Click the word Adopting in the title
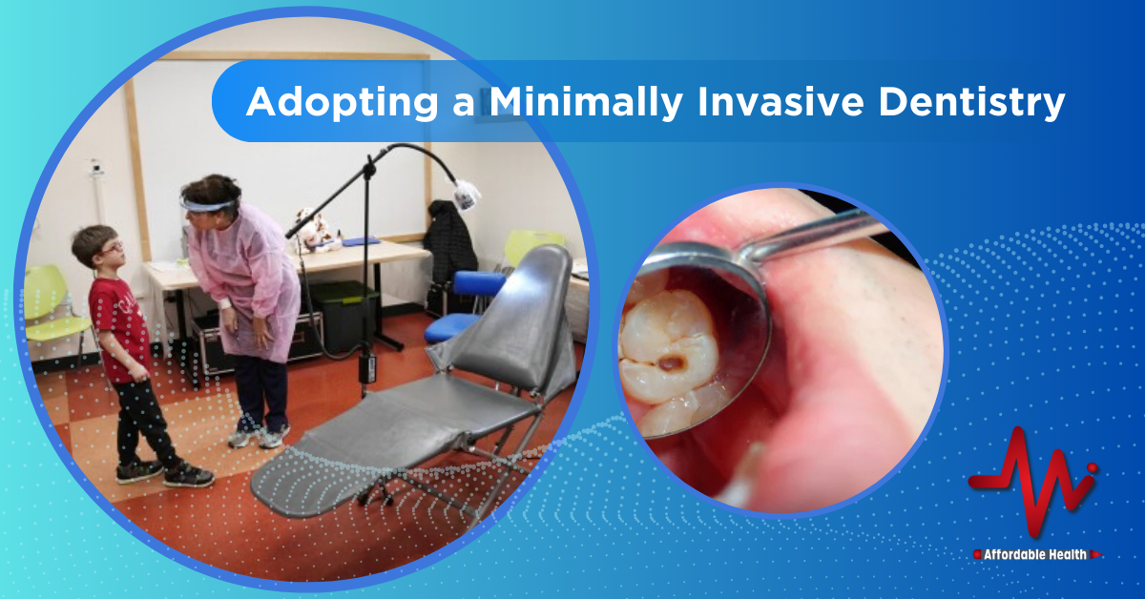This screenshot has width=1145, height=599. tap(342, 103)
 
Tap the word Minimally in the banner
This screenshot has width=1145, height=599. tap(586, 103)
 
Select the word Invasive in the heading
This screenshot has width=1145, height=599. tap(781, 101)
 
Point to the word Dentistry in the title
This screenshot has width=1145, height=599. tap(971, 103)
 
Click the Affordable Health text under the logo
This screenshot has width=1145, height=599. tap(1035, 554)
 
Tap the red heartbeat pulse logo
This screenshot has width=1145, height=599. tap(1032, 482)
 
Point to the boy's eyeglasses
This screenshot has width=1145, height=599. tap(111, 249)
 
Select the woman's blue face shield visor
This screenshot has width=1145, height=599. tap(207, 205)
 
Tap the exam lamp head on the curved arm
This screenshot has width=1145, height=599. tap(467, 195)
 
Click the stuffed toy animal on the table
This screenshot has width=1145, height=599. tap(314, 230)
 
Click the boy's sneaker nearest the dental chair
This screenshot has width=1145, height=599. tap(188, 475)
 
